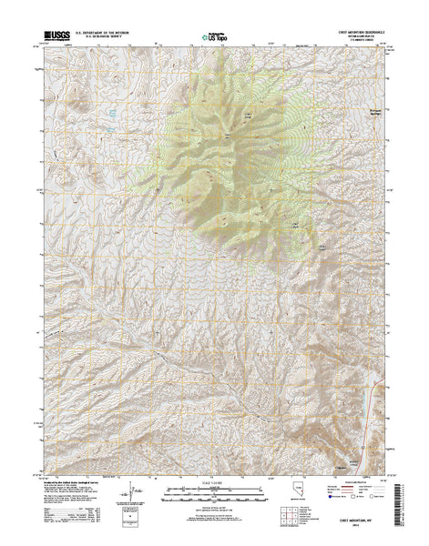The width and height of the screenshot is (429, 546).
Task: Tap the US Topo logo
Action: pyautogui.click(x=216, y=38)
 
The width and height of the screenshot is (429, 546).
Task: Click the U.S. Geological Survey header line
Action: pyautogui.click(x=102, y=39)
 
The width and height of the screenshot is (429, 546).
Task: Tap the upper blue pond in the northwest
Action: pyautogui.click(x=109, y=113)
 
